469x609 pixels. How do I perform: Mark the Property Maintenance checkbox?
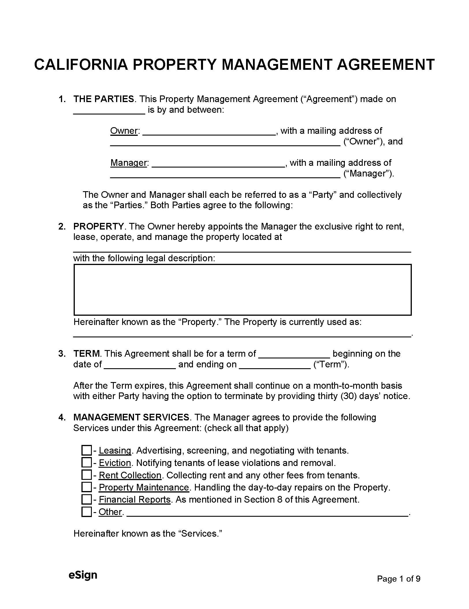[86, 487]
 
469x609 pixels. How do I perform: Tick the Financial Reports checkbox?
[86, 499]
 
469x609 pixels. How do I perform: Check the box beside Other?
[86, 512]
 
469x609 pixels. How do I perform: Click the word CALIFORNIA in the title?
[81, 64]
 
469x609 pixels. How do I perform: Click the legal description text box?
[243, 290]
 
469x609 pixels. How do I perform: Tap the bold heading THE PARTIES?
[104, 99]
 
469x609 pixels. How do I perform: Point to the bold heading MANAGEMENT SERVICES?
[132, 417]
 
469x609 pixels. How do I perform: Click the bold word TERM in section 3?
[87, 354]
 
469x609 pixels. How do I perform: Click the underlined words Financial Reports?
[135, 499]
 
